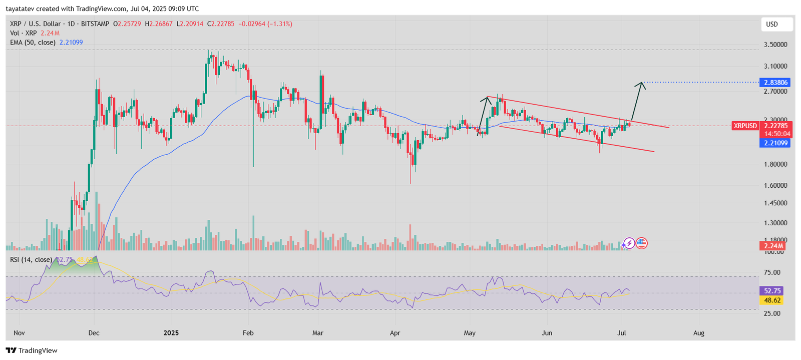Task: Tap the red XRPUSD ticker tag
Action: tap(745, 126)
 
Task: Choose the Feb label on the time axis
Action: tap(248, 333)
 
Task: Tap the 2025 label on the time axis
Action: tap(171, 333)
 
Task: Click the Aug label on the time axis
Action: tap(699, 333)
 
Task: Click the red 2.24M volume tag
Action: tap(774, 246)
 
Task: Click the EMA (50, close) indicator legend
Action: tap(33, 43)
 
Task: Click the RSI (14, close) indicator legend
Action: tap(31, 259)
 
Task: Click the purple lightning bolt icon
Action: tap(629, 243)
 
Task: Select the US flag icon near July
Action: tap(641, 243)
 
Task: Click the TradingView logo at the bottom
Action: tap(32, 350)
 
